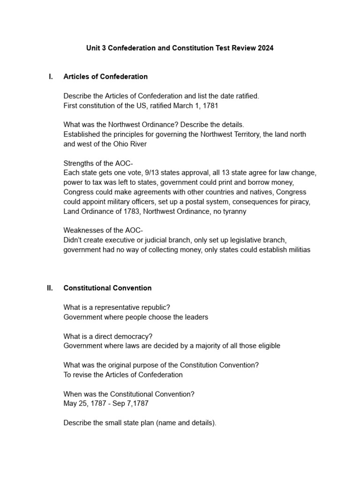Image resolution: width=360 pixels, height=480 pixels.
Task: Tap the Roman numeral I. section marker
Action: pos(51,76)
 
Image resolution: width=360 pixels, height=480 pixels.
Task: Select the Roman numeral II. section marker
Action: pos(50,288)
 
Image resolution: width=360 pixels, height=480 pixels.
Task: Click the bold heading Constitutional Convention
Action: pos(107,288)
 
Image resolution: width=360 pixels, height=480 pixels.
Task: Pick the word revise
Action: pos(83,375)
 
